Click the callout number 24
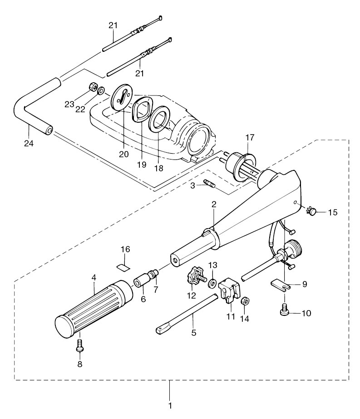(29, 143)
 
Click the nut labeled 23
(91, 86)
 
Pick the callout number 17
(251, 137)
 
